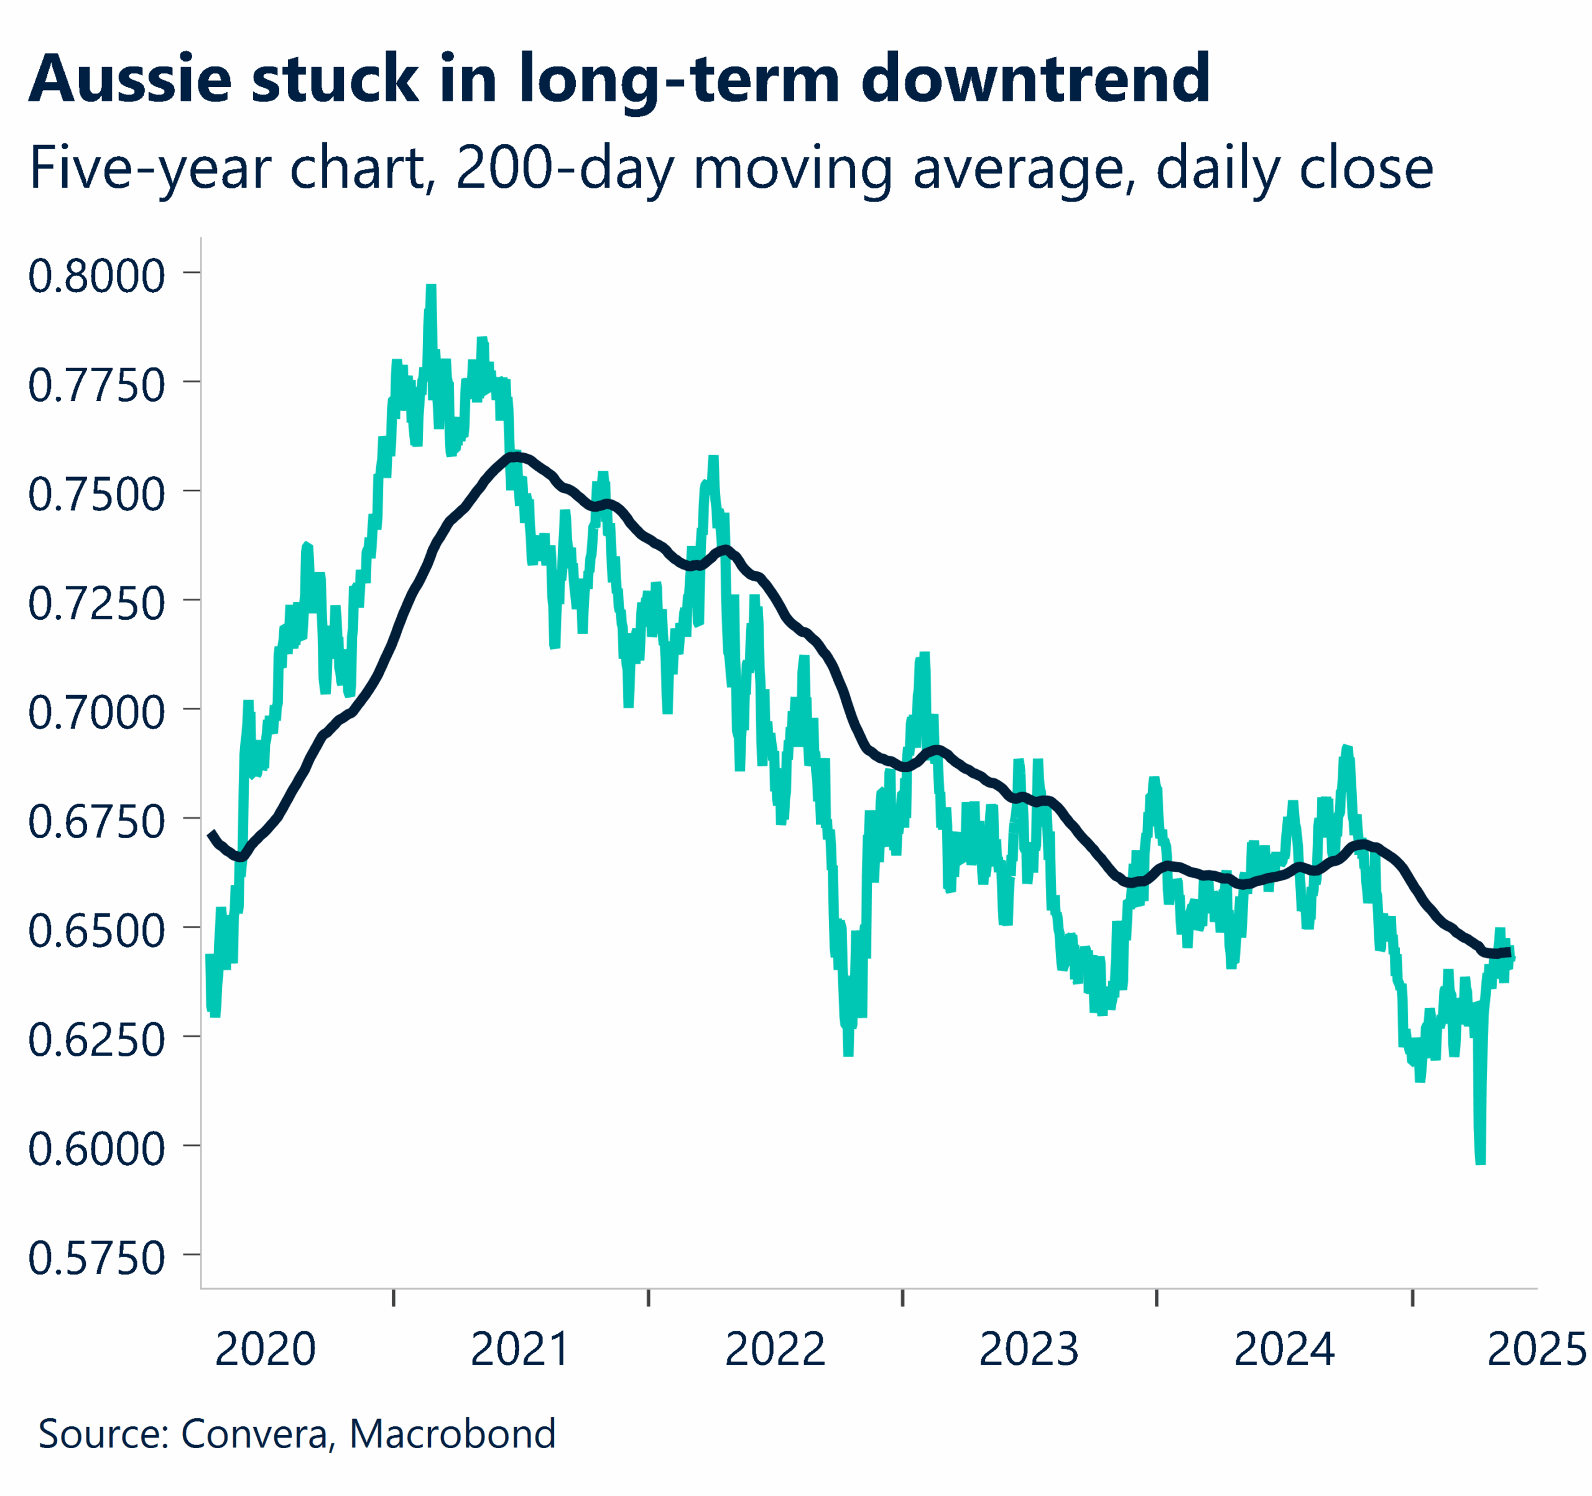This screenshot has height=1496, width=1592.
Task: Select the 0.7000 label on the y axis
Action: [x=97, y=712]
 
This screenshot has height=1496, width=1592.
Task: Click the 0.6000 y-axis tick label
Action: [x=97, y=1148]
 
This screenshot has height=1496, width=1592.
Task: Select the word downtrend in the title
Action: [x=1035, y=80]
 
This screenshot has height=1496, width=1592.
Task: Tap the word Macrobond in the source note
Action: [x=453, y=1434]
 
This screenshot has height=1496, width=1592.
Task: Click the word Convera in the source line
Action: [x=254, y=1434]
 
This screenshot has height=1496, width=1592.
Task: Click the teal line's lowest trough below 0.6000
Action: [x=1481, y=1161]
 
